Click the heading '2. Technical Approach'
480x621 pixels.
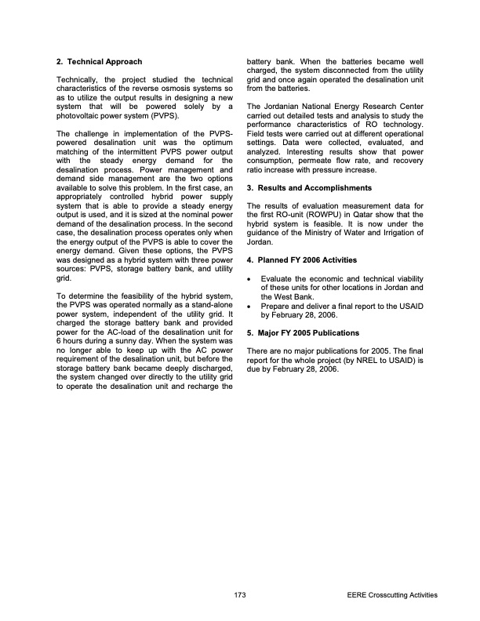pyautogui.click(x=99, y=60)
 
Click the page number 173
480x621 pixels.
pyautogui.click(x=240, y=596)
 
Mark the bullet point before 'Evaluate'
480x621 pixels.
pyautogui.click(x=249, y=279)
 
